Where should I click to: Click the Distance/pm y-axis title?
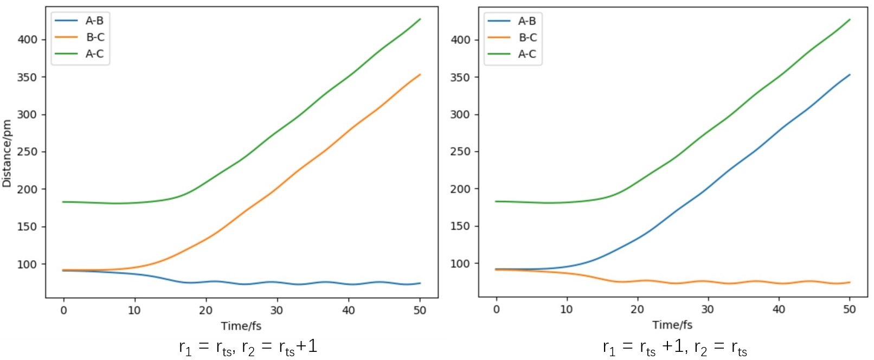pyautogui.click(x=7, y=153)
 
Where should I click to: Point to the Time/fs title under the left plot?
pyautogui.click(x=241, y=326)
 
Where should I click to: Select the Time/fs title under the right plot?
pyautogui.click(x=672, y=325)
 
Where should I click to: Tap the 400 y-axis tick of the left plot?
pyautogui.click(x=28, y=40)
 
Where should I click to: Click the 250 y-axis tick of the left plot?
pyautogui.click(x=28, y=152)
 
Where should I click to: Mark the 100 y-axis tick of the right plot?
pyautogui.click(x=460, y=263)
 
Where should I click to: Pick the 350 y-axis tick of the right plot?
pyautogui.click(x=460, y=77)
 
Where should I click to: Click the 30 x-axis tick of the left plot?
pyautogui.click(x=277, y=310)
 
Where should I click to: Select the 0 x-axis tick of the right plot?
pyautogui.click(x=496, y=309)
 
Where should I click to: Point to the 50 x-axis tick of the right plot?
pyautogui.click(x=849, y=309)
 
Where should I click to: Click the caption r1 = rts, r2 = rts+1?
pyautogui.click(x=248, y=347)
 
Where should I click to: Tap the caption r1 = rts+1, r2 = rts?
pyautogui.click(x=674, y=347)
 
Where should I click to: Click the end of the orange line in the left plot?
pyautogui.click(x=420, y=74)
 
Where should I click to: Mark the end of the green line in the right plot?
pyautogui.click(x=850, y=20)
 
